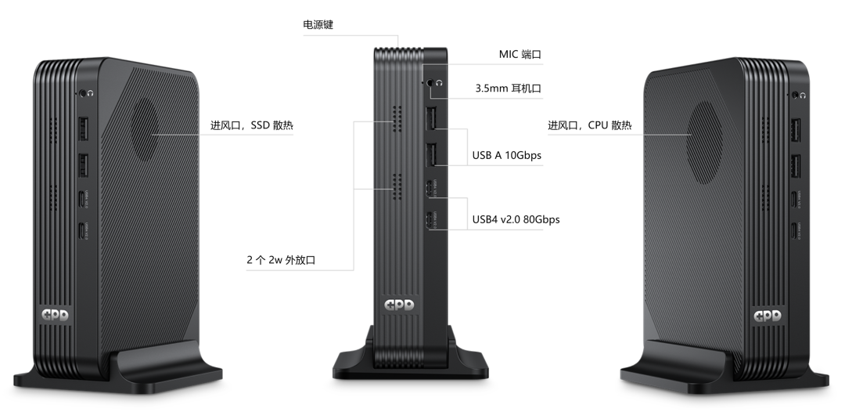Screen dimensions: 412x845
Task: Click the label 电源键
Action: click(318, 25)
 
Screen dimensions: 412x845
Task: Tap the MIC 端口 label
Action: click(520, 55)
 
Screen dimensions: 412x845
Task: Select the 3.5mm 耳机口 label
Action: click(508, 89)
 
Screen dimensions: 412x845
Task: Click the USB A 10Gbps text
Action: click(506, 155)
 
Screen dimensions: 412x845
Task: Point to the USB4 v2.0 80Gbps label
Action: click(516, 219)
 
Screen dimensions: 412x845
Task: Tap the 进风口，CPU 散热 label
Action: click(589, 125)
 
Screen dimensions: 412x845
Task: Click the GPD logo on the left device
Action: click(56, 316)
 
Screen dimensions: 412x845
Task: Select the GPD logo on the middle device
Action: click(400, 306)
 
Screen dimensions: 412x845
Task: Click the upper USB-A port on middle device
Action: click(430, 120)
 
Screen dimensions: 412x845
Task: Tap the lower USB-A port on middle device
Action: click(430, 155)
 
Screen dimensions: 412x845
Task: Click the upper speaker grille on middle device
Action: click(397, 120)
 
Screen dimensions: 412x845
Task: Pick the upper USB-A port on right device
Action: click(796, 131)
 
